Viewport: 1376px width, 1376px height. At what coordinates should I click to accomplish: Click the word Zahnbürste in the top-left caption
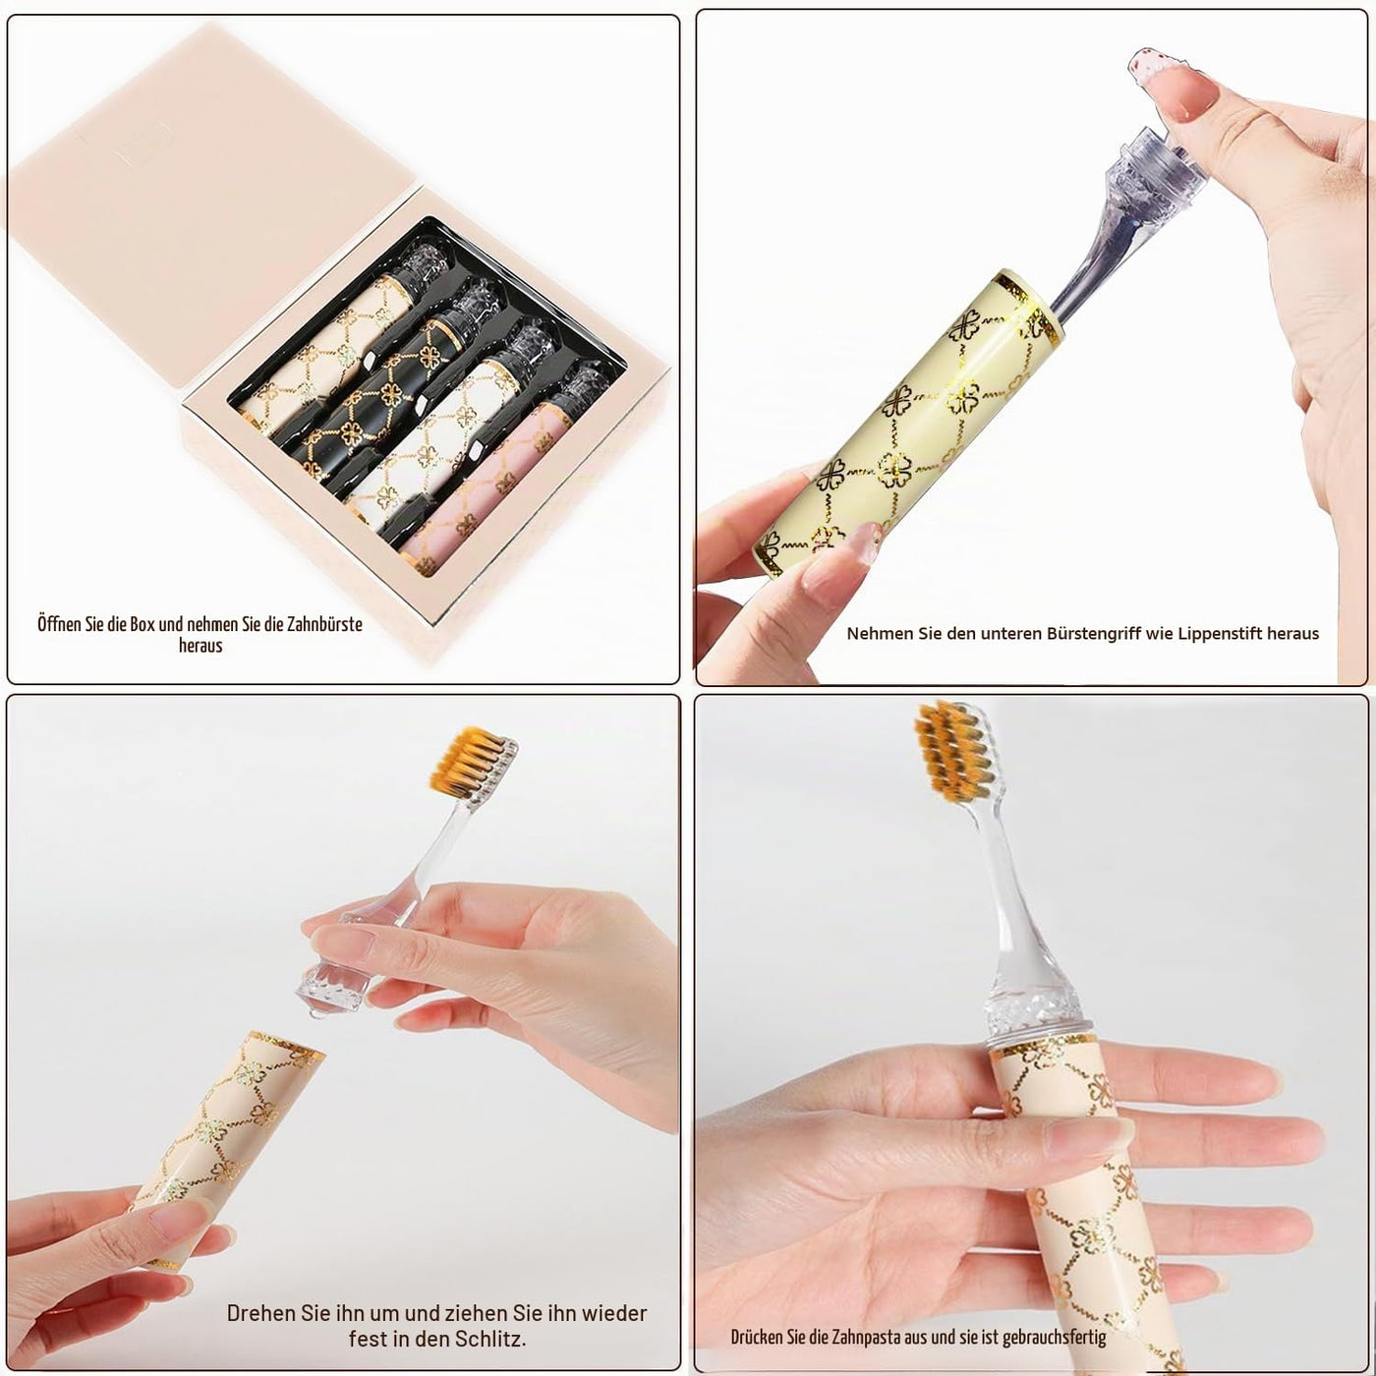[324, 624]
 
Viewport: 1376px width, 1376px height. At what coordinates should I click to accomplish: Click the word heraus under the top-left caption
[200, 646]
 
